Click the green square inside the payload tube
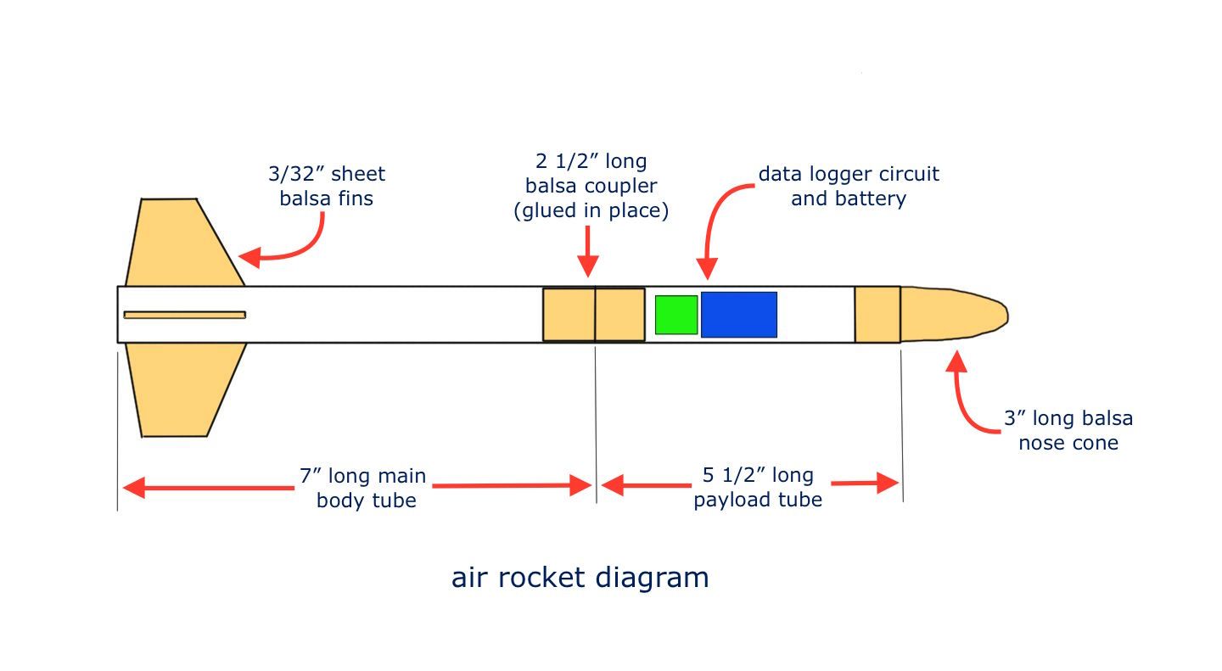coord(676,315)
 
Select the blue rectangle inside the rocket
coord(738,315)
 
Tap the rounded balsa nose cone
coord(950,315)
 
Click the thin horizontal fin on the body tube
coord(184,315)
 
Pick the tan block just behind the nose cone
coord(877,315)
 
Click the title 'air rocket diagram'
coord(580,578)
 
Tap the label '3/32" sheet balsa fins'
coord(327,187)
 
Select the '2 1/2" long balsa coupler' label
coord(591,186)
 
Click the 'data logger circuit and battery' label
coord(849,187)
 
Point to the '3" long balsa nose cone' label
coord(1068,430)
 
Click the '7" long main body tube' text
coord(366,488)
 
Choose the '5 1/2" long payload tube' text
coord(758,488)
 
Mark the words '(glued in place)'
coord(591,210)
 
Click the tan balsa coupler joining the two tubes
coord(594,315)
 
